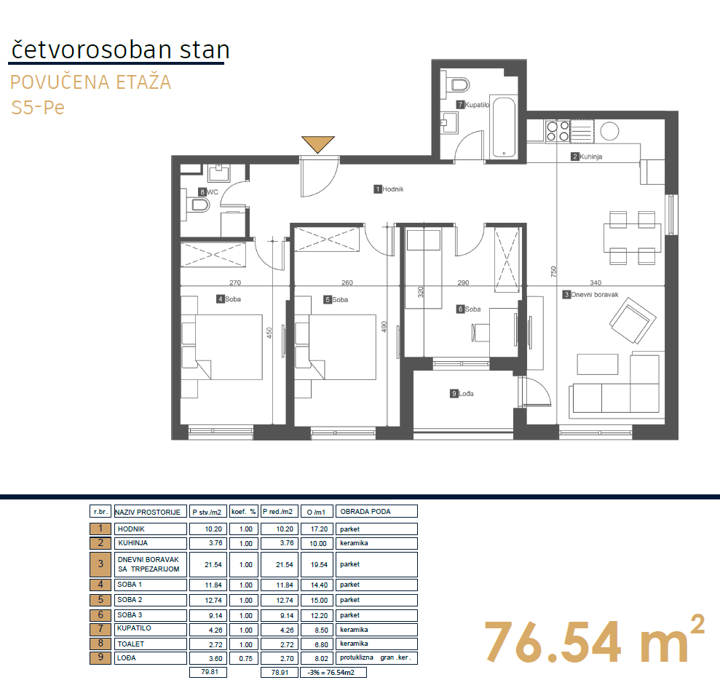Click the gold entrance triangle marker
coord(317,143)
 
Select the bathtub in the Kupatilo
coord(504,127)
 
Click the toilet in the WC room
coord(198,205)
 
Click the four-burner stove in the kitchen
coord(558,131)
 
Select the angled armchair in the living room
coord(633,320)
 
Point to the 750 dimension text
coord(553,272)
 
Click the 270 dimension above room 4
coord(235,282)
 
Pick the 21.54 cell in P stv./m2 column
coord(213,565)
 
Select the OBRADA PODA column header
coord(365,512)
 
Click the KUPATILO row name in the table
coord(134,628)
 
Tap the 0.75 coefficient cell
coord(245,658)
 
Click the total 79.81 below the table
coord(210,672)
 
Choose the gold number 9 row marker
coord(100,657)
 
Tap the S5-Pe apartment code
coord(38,108)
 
